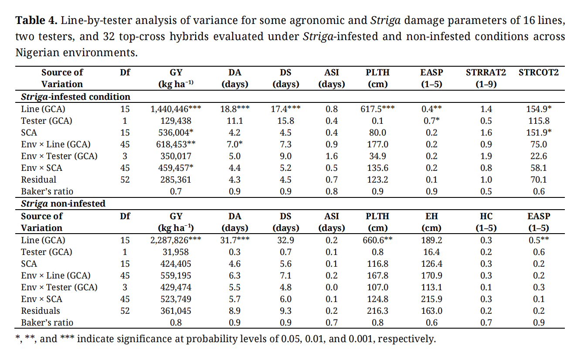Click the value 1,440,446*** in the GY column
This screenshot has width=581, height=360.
[x=176, y=109]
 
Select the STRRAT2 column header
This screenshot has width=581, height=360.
[x=486, y=73]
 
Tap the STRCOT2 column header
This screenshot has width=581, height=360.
[x=538, y=73]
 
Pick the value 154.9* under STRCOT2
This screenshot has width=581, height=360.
[x=539, y=109]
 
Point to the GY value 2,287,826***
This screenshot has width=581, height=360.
[x=176, y=240]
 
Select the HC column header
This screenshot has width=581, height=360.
[x=486, y=216]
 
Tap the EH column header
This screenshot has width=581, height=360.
[x=431, y=216]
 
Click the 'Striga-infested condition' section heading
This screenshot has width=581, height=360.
[x=75, y=97]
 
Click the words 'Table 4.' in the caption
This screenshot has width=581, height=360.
[x=36, y=20]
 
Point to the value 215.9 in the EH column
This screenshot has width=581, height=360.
[x=431, y=299]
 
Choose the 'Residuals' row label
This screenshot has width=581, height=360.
[x=41, y=311]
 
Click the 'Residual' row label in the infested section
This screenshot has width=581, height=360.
[x=38, y=180]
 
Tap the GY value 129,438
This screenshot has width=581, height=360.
[x=176, y=121]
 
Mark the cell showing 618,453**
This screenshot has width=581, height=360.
[x=176, y=144]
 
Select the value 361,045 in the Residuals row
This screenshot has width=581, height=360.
[x=176, y=311]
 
